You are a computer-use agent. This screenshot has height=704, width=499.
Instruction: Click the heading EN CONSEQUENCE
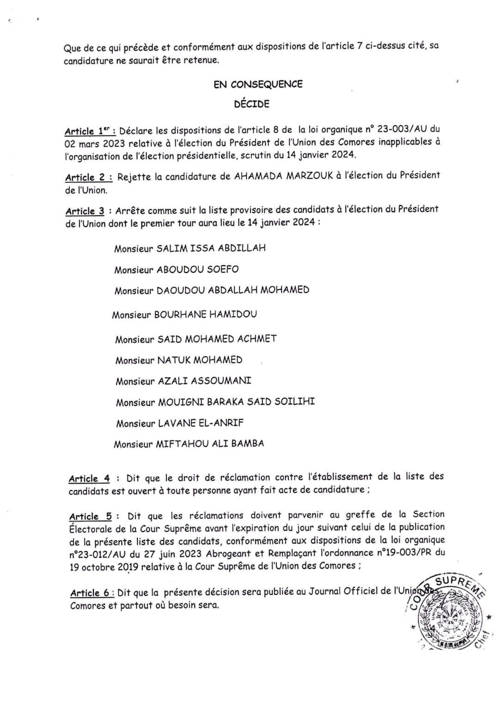click(258, 84)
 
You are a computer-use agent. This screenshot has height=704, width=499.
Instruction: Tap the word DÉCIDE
click(251, 104)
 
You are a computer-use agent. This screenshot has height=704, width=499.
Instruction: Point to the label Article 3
click(85, 211)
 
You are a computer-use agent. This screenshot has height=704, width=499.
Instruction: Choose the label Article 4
click(89, 479)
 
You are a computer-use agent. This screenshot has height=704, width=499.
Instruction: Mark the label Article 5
click(90, 516)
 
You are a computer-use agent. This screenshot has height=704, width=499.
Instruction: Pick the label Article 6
click(91, 593)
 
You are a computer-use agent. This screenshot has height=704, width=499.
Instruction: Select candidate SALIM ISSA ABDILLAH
click(211, 248)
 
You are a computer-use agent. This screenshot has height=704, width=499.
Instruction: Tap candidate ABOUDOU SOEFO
click(198, 269)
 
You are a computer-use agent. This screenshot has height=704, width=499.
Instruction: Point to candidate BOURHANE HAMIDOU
click(205, 315)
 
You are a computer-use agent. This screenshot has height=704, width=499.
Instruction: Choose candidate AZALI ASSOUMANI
click(205, 381)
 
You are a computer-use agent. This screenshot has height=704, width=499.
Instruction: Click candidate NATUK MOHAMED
click(200, 360)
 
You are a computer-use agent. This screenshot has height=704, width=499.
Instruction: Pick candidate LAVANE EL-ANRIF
click(201, 423)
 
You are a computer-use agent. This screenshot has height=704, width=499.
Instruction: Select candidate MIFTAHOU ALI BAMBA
click(210, 444)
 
